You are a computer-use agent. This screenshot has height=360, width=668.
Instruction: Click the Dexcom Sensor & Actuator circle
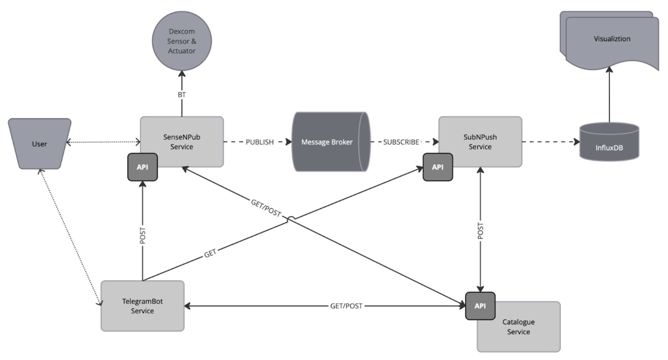click(182, 41)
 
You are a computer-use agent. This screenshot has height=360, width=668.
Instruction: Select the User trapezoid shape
click(40, 144)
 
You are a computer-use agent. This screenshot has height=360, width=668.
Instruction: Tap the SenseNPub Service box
click(182, 142)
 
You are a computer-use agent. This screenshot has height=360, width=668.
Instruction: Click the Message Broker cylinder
click(327, 142)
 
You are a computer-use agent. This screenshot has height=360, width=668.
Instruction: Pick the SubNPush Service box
click(480, 142)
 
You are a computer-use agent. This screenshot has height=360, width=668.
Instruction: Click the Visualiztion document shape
click(612, 39)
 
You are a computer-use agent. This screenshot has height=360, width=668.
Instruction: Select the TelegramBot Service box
click(142, 306)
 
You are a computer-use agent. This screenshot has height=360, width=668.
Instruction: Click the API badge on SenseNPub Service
click(142, 167)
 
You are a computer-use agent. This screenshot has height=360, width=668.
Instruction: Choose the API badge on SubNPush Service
click(438, 167)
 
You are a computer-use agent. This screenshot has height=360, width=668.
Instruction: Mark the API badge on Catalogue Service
click(480, 306)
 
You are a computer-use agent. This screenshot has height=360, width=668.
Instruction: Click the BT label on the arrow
click(182, 95)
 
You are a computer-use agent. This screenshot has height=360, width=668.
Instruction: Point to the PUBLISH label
click(259, 142)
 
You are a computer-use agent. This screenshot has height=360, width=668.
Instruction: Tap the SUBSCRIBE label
click(401, 142)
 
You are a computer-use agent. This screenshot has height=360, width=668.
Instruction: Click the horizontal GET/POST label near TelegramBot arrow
click(346, 306)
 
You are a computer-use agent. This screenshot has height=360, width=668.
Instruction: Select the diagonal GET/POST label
click(266, 208)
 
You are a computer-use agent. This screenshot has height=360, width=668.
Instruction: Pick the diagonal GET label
click(210, 254)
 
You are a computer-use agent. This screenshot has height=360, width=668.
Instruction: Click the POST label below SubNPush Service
click(480, 231)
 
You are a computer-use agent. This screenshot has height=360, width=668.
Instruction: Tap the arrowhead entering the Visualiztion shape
click(609, 70)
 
